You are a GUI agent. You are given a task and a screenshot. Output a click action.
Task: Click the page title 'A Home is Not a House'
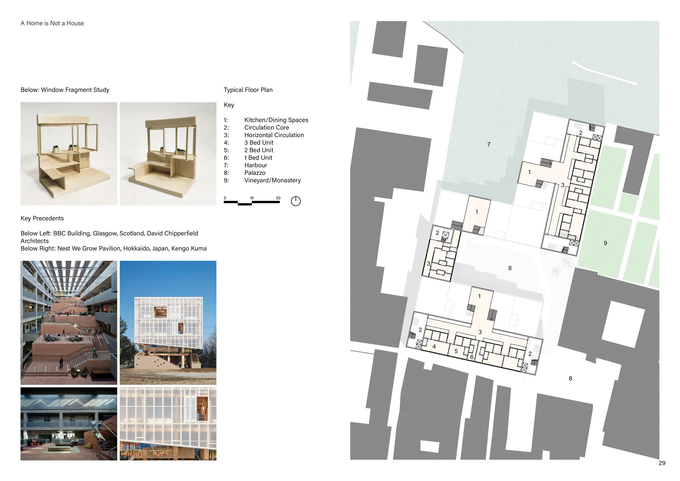click(52, 23)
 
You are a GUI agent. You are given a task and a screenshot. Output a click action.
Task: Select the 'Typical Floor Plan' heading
click(248, 90)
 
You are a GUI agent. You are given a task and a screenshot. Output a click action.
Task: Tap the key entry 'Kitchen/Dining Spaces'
click(276, 120)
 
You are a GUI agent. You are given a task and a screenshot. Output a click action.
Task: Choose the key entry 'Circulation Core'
click(267, 127)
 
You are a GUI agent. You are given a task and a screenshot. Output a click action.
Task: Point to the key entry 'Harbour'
click(256, 165)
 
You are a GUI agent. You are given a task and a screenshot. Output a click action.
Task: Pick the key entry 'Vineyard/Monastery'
click(273, 180)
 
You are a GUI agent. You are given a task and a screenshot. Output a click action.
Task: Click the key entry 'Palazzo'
click(255, 173)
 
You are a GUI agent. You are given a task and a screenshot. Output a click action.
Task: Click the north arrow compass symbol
click(296, 201)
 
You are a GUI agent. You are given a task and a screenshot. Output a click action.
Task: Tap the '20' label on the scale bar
click(278, 198)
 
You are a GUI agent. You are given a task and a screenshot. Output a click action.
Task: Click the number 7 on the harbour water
click(489, 144)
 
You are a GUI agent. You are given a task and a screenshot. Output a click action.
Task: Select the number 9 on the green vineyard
click(605, 243)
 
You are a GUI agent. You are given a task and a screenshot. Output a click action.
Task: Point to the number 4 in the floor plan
click(434, 347)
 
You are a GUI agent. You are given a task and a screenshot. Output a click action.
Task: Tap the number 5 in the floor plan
click(456, 351)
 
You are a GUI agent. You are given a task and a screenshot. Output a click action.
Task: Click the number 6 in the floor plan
click(472, 357)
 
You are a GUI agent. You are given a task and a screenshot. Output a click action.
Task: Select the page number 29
click(662, 463)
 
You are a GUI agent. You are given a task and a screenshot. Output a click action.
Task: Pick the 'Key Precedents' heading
click(42, 218)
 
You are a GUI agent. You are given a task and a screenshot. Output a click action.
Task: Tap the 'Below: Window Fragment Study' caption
click(65, 90)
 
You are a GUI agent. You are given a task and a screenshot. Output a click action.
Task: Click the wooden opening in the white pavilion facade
click(160, 312)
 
